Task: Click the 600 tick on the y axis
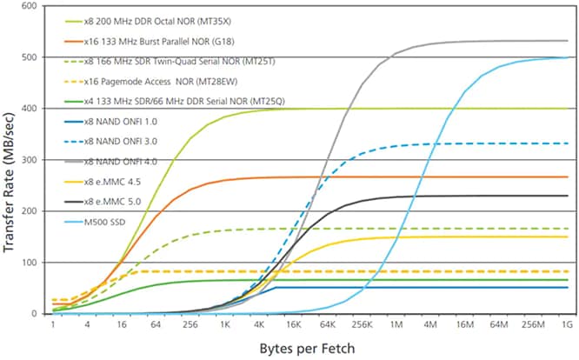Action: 30,6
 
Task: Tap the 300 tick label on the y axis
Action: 30,160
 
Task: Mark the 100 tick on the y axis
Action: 30,263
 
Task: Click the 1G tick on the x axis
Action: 567,325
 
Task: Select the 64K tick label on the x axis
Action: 328,325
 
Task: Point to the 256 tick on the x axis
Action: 190,325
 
